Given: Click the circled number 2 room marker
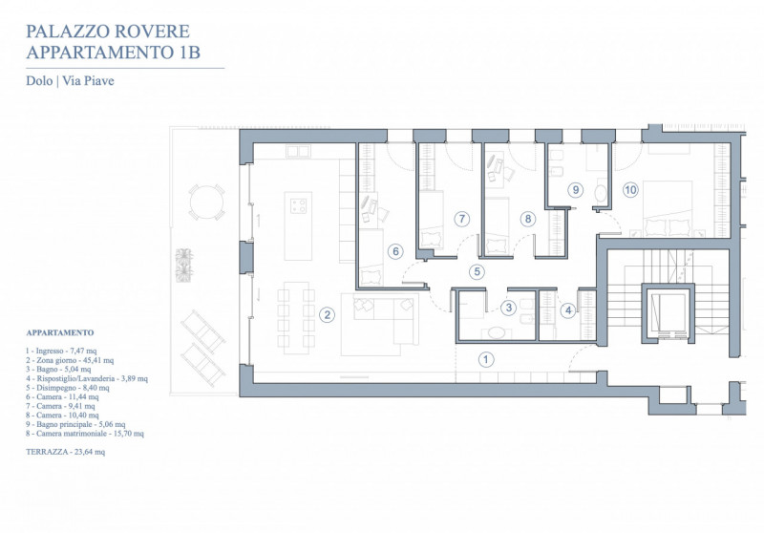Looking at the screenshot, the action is (327, 314).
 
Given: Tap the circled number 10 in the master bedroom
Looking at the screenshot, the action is (630, 189).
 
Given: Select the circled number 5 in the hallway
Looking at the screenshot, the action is (477, 271).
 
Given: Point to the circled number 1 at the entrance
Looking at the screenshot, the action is (485, 359).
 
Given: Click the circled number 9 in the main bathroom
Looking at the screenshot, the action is (576, 189).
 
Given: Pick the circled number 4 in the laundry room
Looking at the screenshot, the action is (567, 309).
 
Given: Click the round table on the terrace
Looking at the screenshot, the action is (206, 203).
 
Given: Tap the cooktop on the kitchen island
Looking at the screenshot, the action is (298, 205).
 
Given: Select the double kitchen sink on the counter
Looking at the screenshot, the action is (298, 151).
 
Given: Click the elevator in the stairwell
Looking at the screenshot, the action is (668, 314).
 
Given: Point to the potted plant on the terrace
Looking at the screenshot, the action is (184, 265).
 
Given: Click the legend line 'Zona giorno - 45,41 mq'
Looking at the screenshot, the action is (70, 360).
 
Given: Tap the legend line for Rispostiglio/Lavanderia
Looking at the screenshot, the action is (87, 378).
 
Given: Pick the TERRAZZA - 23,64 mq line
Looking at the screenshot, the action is (65, 452).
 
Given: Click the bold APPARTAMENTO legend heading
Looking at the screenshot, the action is (60, 332).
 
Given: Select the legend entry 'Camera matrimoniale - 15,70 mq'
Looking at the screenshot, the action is (85, 433).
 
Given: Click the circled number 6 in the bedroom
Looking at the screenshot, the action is (395, 251).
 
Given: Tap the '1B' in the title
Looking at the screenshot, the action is (186, 53).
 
